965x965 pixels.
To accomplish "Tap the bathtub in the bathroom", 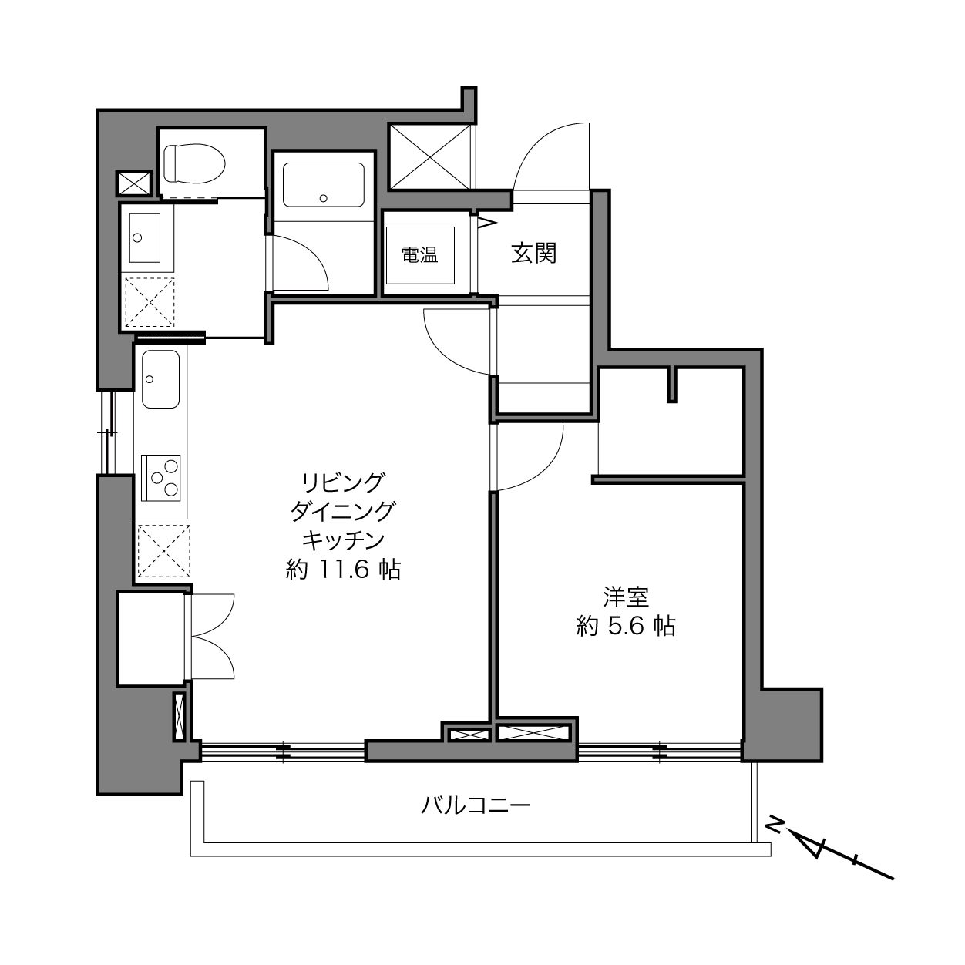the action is (324, 184).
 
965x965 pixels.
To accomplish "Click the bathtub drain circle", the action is (324, 198).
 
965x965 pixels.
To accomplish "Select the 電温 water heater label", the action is (419, 255).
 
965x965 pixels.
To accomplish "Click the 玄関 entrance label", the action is (534, 254).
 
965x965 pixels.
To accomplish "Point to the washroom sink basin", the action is (145, 237).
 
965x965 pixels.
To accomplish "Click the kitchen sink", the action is (160, 379).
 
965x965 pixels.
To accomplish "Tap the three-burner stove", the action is (161, 477).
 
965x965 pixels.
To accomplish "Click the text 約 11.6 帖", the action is (343, 570).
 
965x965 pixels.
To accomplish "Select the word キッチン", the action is (343, 540).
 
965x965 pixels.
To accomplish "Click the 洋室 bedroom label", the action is (626, 597).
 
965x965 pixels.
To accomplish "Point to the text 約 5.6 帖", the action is (626, 626).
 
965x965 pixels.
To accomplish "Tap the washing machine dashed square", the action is (150, 302).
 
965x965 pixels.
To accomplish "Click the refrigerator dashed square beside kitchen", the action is (163, 551).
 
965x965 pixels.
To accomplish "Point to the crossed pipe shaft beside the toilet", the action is (133, 183).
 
